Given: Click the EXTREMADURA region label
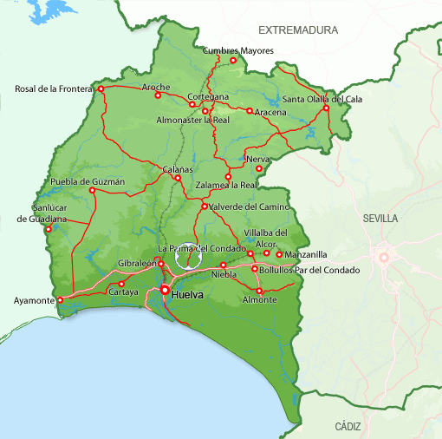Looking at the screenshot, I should click(303, 30).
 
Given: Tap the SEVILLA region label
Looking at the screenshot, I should click(381, 219).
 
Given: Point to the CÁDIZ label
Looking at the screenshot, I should click(347, 426).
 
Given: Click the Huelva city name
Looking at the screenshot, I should click(188, 295).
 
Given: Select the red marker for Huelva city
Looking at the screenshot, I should click(164, 290).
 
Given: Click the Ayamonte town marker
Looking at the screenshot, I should click(61, 301).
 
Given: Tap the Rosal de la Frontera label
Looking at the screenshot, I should click(54, 88).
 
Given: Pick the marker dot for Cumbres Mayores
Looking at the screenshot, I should click(232, 60).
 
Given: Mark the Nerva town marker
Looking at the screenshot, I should click(258, 168).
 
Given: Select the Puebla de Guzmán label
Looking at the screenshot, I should click(88, 181).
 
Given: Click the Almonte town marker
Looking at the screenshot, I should click(259, 290).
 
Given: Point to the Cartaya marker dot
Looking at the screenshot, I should click(121, 284).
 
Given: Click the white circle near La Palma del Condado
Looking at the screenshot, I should click(186, 257).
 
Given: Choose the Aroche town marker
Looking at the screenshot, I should click(158, 95).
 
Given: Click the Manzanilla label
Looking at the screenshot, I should click(307, 255).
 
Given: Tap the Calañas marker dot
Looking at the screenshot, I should click(178, 179).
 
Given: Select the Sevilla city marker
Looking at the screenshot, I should click(382, 256).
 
